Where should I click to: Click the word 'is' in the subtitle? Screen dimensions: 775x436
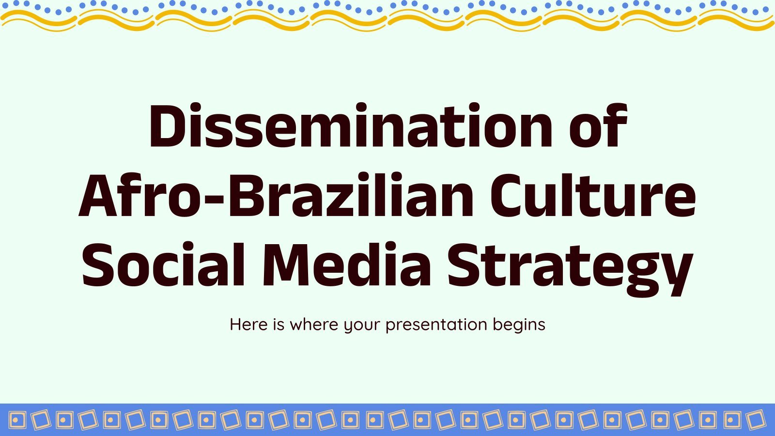(x=279, y=325)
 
